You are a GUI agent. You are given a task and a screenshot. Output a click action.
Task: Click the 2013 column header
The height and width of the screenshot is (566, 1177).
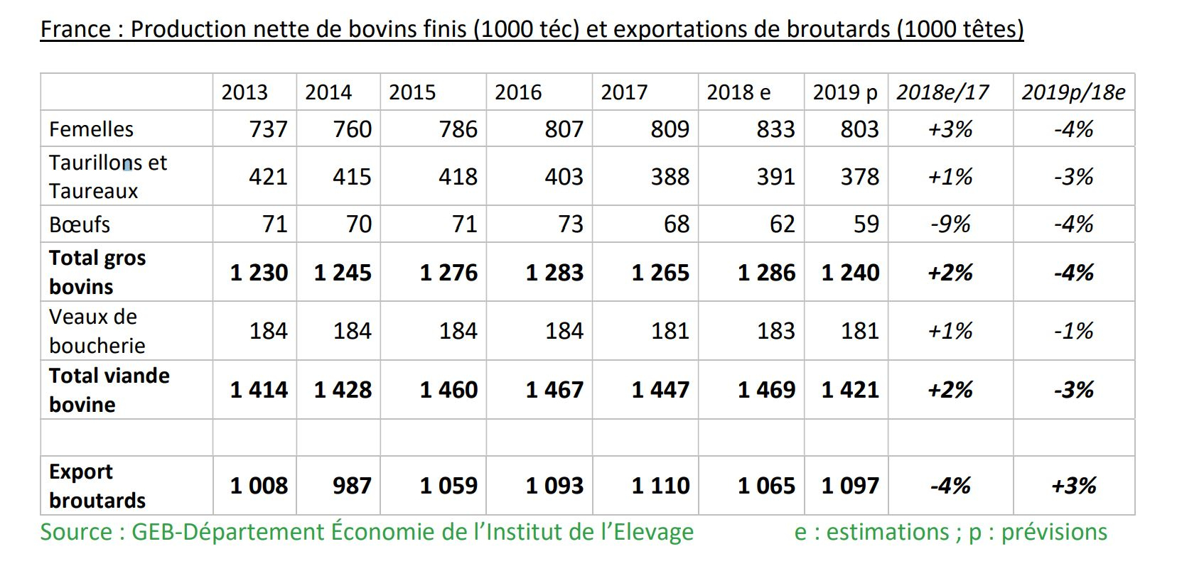tap(244, 92)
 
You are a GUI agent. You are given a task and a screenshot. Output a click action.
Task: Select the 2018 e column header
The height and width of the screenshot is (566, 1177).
tap(738, 92)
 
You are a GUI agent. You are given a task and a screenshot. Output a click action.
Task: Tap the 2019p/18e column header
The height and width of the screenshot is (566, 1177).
tap(1073, 92)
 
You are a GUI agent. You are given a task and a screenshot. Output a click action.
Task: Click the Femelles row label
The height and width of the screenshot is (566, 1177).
tap(91, 129)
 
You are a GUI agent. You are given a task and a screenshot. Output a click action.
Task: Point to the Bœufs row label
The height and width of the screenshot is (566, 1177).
tap(80, 224)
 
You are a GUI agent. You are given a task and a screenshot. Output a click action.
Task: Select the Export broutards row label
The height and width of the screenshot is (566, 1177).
tap(97, 486)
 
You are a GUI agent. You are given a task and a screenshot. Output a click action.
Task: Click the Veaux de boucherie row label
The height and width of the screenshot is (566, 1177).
tap(97, 331)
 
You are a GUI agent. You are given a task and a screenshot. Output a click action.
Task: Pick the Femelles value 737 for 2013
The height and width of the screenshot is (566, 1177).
tap(268, 129)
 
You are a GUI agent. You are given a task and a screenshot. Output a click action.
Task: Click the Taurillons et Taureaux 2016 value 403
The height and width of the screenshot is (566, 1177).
tap(564, 177)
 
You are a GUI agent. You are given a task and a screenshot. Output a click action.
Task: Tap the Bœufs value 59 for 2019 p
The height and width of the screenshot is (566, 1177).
tap(866, 224)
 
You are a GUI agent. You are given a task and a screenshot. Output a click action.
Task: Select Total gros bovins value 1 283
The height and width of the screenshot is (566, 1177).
tap(554, 273)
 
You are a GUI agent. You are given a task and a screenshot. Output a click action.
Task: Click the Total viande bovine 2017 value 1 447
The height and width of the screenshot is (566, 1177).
tap(660, 390)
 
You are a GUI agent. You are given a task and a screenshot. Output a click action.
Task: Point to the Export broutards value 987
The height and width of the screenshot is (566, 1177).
tap(352, 486)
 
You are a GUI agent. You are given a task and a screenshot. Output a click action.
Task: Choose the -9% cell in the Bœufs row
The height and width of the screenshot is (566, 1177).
tap(950, 224)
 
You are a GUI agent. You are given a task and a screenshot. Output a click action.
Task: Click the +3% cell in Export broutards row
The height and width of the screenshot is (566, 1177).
tap(1073, 486)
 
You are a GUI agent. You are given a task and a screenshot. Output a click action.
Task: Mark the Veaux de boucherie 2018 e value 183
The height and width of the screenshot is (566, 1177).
tap(775, 331)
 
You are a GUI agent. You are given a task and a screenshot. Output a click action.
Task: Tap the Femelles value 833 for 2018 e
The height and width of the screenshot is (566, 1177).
tap(775, 129)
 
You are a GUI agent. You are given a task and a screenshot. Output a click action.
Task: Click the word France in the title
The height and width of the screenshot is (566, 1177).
tap(75, 29)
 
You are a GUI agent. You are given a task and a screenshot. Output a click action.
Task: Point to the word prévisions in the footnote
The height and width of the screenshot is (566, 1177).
tap(1054, 532)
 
